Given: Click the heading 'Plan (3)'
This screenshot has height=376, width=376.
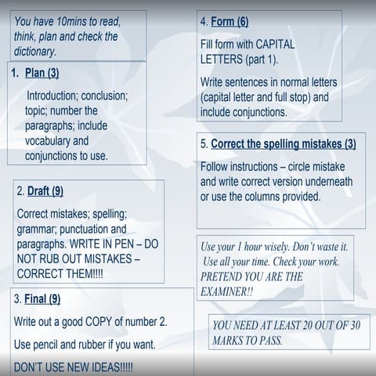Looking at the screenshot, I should (x=42, y=74).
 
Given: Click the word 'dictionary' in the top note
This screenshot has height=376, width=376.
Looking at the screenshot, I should (x=34, y=51).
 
